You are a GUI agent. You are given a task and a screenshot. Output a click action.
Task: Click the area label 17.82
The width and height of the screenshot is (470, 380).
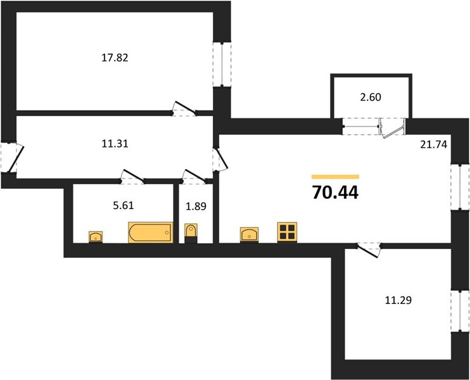(x=115, y=58)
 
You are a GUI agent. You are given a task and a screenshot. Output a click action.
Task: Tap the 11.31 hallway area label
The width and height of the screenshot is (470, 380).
(x=115, y=144)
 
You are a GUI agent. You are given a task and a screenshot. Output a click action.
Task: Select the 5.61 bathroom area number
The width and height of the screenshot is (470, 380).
(x=124, y=205)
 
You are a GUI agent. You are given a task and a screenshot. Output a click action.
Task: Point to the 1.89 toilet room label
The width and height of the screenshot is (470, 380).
(x=196, y=206)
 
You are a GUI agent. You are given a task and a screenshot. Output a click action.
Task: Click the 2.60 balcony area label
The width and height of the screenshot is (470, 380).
(x=371, y=97)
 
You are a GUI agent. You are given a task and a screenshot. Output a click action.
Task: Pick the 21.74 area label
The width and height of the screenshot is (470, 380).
(x=434, y=144)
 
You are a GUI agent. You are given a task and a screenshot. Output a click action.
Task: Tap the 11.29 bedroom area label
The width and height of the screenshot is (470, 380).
(x=398, y=300)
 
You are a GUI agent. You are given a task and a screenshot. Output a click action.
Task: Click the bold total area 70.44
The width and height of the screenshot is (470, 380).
(x=335, y=192)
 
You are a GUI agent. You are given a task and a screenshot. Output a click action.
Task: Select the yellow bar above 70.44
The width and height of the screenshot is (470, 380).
(x=335, y=177)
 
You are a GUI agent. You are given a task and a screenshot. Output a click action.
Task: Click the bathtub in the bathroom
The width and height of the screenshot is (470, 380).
(x=151, y=232)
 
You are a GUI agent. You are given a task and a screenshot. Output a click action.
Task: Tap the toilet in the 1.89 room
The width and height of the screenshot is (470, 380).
(x=191, y=233)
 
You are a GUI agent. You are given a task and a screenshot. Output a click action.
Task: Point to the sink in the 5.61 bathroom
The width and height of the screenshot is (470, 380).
(x=96, y=237)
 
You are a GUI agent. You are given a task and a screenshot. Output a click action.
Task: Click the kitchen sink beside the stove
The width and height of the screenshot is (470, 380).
(x=250, y=235)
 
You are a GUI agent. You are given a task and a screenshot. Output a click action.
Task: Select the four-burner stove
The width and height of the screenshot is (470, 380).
(x=287, y=232)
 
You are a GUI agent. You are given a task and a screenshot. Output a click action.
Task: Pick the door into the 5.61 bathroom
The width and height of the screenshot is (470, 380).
(x=132, y=177)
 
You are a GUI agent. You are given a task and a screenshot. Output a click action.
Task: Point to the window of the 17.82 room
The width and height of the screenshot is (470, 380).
(x=222, y=65)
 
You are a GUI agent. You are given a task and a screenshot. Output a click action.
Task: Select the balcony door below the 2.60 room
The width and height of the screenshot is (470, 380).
(x=392, y=129)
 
